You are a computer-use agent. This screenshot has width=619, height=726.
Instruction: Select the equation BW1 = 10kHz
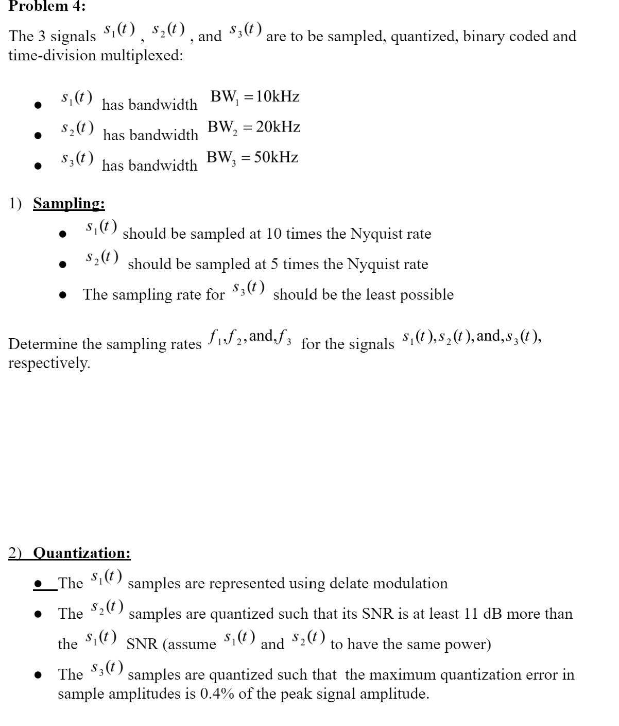point(255,97)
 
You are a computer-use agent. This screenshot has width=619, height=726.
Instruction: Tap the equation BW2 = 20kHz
point(254,127)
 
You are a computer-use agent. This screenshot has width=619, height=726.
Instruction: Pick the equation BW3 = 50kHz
point(252,158)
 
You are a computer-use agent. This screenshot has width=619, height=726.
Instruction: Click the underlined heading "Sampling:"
point(69,203)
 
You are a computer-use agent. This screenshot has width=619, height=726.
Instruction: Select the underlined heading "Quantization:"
point(82,553)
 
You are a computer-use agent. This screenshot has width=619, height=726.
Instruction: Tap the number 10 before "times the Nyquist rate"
point(276,234)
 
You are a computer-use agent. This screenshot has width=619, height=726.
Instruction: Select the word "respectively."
point(49,363)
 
